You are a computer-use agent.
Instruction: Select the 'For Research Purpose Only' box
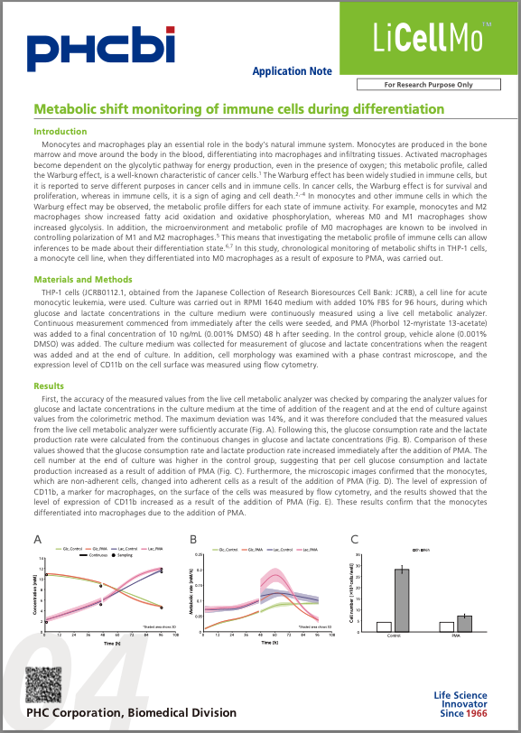pos(428,84)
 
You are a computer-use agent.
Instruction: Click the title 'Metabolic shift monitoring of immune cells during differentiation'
pos(239,109)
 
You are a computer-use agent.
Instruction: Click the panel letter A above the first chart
pos(38,540)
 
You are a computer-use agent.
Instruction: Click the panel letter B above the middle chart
pos(192,540)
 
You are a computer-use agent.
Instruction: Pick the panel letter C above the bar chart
pos(354,540)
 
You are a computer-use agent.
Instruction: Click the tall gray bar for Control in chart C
pos(401,599)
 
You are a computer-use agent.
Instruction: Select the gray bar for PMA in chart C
pos(464,623)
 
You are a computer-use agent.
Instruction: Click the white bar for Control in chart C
pos(384,626)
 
